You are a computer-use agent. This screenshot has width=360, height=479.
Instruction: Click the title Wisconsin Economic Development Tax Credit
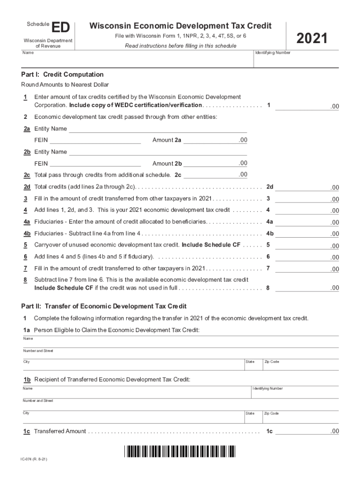(x=180, y=26)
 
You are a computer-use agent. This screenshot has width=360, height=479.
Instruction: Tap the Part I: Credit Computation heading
(x=62, y=75)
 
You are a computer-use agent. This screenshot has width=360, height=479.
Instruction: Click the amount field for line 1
(x=307, y=106)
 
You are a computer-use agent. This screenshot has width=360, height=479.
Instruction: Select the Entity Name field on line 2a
(x=158, y=129)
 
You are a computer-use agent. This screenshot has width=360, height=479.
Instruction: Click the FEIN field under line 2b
(x=95, y=163)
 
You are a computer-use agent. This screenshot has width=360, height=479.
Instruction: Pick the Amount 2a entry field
(x=216, y=140)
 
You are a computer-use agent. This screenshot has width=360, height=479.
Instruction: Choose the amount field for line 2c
(x=216, y=174)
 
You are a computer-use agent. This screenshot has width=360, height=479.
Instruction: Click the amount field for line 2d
(x=307, y=187)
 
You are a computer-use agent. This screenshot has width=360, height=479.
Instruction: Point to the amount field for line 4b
(x=307, y=233)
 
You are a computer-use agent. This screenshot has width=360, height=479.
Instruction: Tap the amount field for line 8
(x=307, y=288)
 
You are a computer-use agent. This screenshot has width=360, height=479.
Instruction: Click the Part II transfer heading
(x=104, y=306)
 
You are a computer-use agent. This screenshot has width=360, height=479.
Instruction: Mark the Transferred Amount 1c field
(x=307, y=431)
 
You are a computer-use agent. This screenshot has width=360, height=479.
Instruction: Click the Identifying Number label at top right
(x=273, y=53)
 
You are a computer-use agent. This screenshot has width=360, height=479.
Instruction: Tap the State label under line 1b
(x=250, y=414)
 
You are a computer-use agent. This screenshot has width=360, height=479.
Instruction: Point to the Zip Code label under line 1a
(x=272, y=362)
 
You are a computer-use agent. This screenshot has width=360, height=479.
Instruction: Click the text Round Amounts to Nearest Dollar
(x=65, y=85)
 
